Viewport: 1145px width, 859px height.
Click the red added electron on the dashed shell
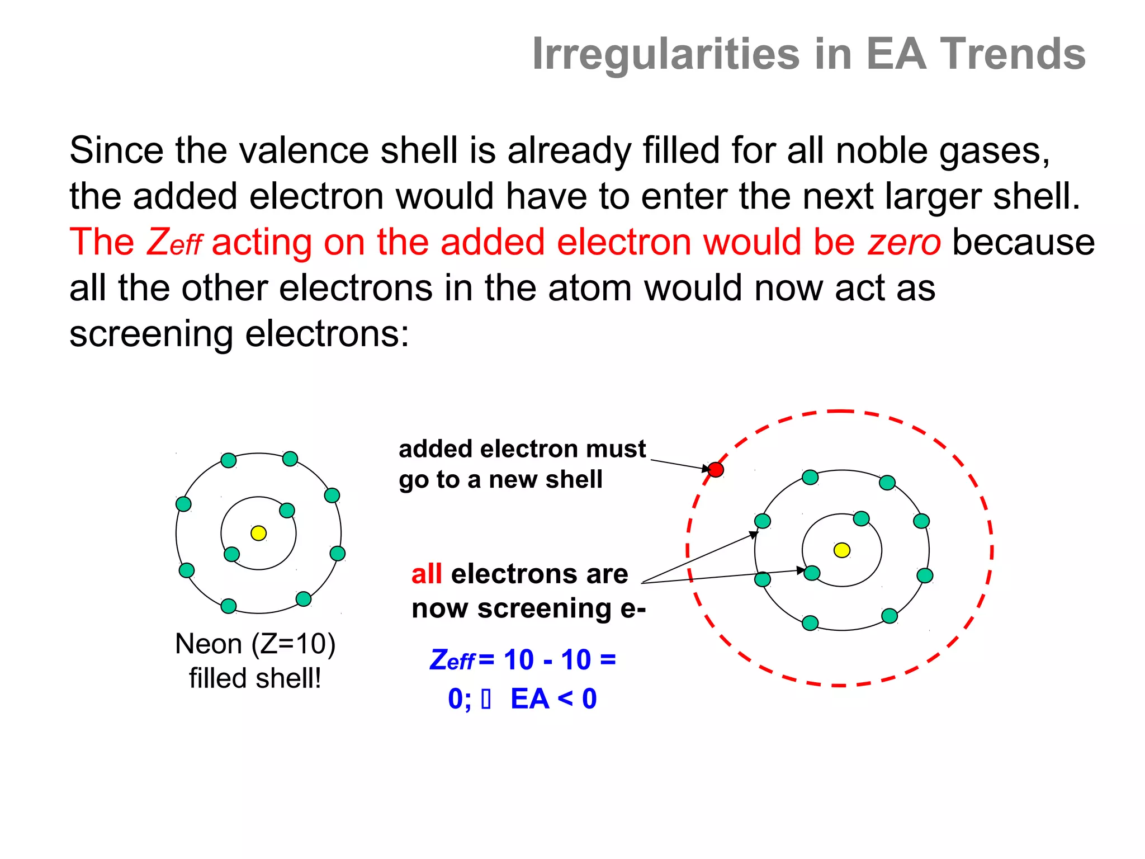(716, 470)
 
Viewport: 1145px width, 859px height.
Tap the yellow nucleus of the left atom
(258, 533)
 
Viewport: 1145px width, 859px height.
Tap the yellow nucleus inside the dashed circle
(841, 550)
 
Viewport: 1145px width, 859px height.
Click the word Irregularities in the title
(665, 54)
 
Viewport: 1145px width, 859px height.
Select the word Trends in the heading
(1012, 54)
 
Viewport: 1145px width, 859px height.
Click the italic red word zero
(904, 242)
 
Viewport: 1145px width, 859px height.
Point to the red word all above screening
(427, 574)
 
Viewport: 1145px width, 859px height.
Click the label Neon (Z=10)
(255, 644)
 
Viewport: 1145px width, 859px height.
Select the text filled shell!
(255, 678)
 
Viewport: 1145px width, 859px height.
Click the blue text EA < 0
(553, 699)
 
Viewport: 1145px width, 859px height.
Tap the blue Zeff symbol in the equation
(452, 660)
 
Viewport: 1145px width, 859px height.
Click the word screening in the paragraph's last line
(150, 334)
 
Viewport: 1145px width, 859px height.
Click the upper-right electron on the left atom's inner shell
(287, 510)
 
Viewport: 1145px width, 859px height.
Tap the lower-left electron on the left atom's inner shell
(231, 554)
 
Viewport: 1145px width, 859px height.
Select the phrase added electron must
(522, 449)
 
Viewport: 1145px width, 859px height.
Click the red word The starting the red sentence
(102, 242)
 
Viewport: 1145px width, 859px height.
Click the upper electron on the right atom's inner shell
(861, 518)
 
